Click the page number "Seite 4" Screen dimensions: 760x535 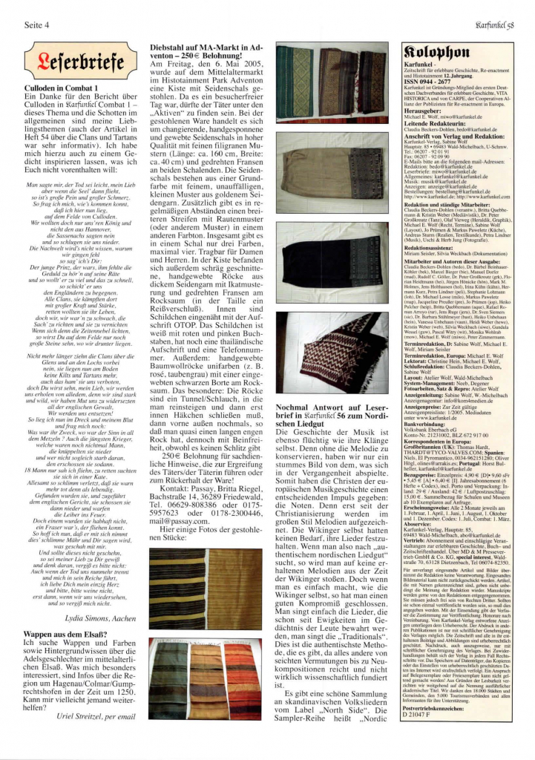(x=37, y=24)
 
